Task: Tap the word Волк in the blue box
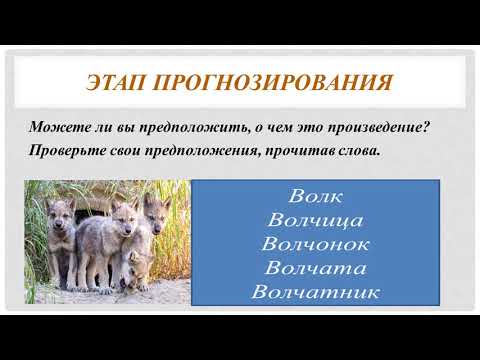coord(315,192)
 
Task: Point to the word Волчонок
coord(315,243)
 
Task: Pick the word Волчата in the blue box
coord(315,268)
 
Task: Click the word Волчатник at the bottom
coord(315,293)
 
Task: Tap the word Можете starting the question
coord(57,128)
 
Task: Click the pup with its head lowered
coord(140,266)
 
